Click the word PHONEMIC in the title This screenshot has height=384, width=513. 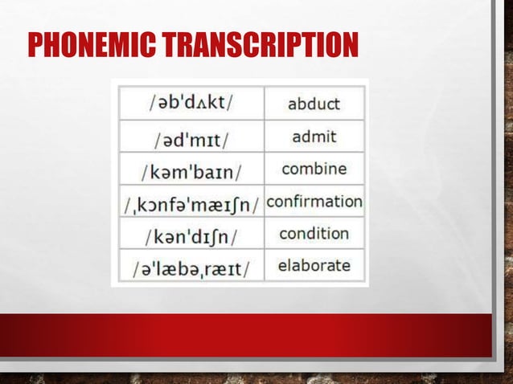tap(91, 46)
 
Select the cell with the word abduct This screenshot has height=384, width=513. tap(314, 104)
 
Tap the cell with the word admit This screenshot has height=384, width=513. tap(314, 137)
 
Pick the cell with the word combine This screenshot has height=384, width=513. tap(314, 170)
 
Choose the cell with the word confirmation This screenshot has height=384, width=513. tap(314, 201)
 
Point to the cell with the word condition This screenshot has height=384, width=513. tap(314, 234)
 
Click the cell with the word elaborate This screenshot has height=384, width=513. tap(314, 264)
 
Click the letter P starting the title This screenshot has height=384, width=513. tap(36, 46)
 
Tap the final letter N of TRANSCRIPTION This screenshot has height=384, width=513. tap(350, 46)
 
